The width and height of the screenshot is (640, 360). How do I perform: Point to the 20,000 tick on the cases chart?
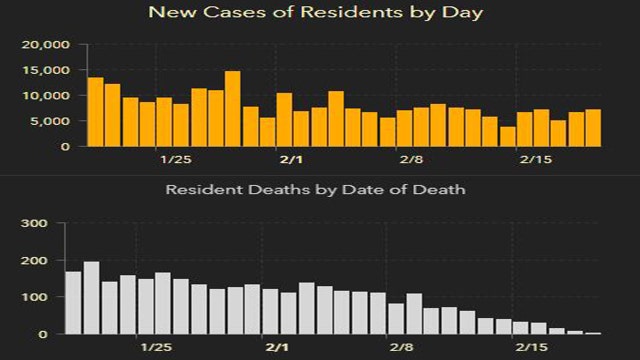(44, 45)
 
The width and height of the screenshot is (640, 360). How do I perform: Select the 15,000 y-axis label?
(44, 71)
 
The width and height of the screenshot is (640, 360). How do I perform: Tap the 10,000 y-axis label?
(44, 96)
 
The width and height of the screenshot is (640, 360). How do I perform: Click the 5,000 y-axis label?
(47, 121)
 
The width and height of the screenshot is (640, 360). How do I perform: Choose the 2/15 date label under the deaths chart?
(531, 347)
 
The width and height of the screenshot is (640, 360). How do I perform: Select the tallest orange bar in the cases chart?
(233, 108)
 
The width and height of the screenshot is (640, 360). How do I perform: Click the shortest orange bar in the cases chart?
(508, 136)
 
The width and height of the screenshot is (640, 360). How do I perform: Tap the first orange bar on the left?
(96, 112)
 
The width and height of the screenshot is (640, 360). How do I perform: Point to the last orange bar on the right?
(593, 128)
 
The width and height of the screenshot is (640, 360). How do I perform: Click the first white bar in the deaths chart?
(73, 303)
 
